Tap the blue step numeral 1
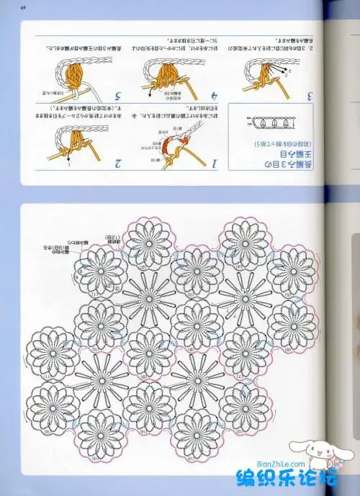[x=215, y=164]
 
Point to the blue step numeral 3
[x=309, y=95]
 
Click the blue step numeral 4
[x=214, y=95]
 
